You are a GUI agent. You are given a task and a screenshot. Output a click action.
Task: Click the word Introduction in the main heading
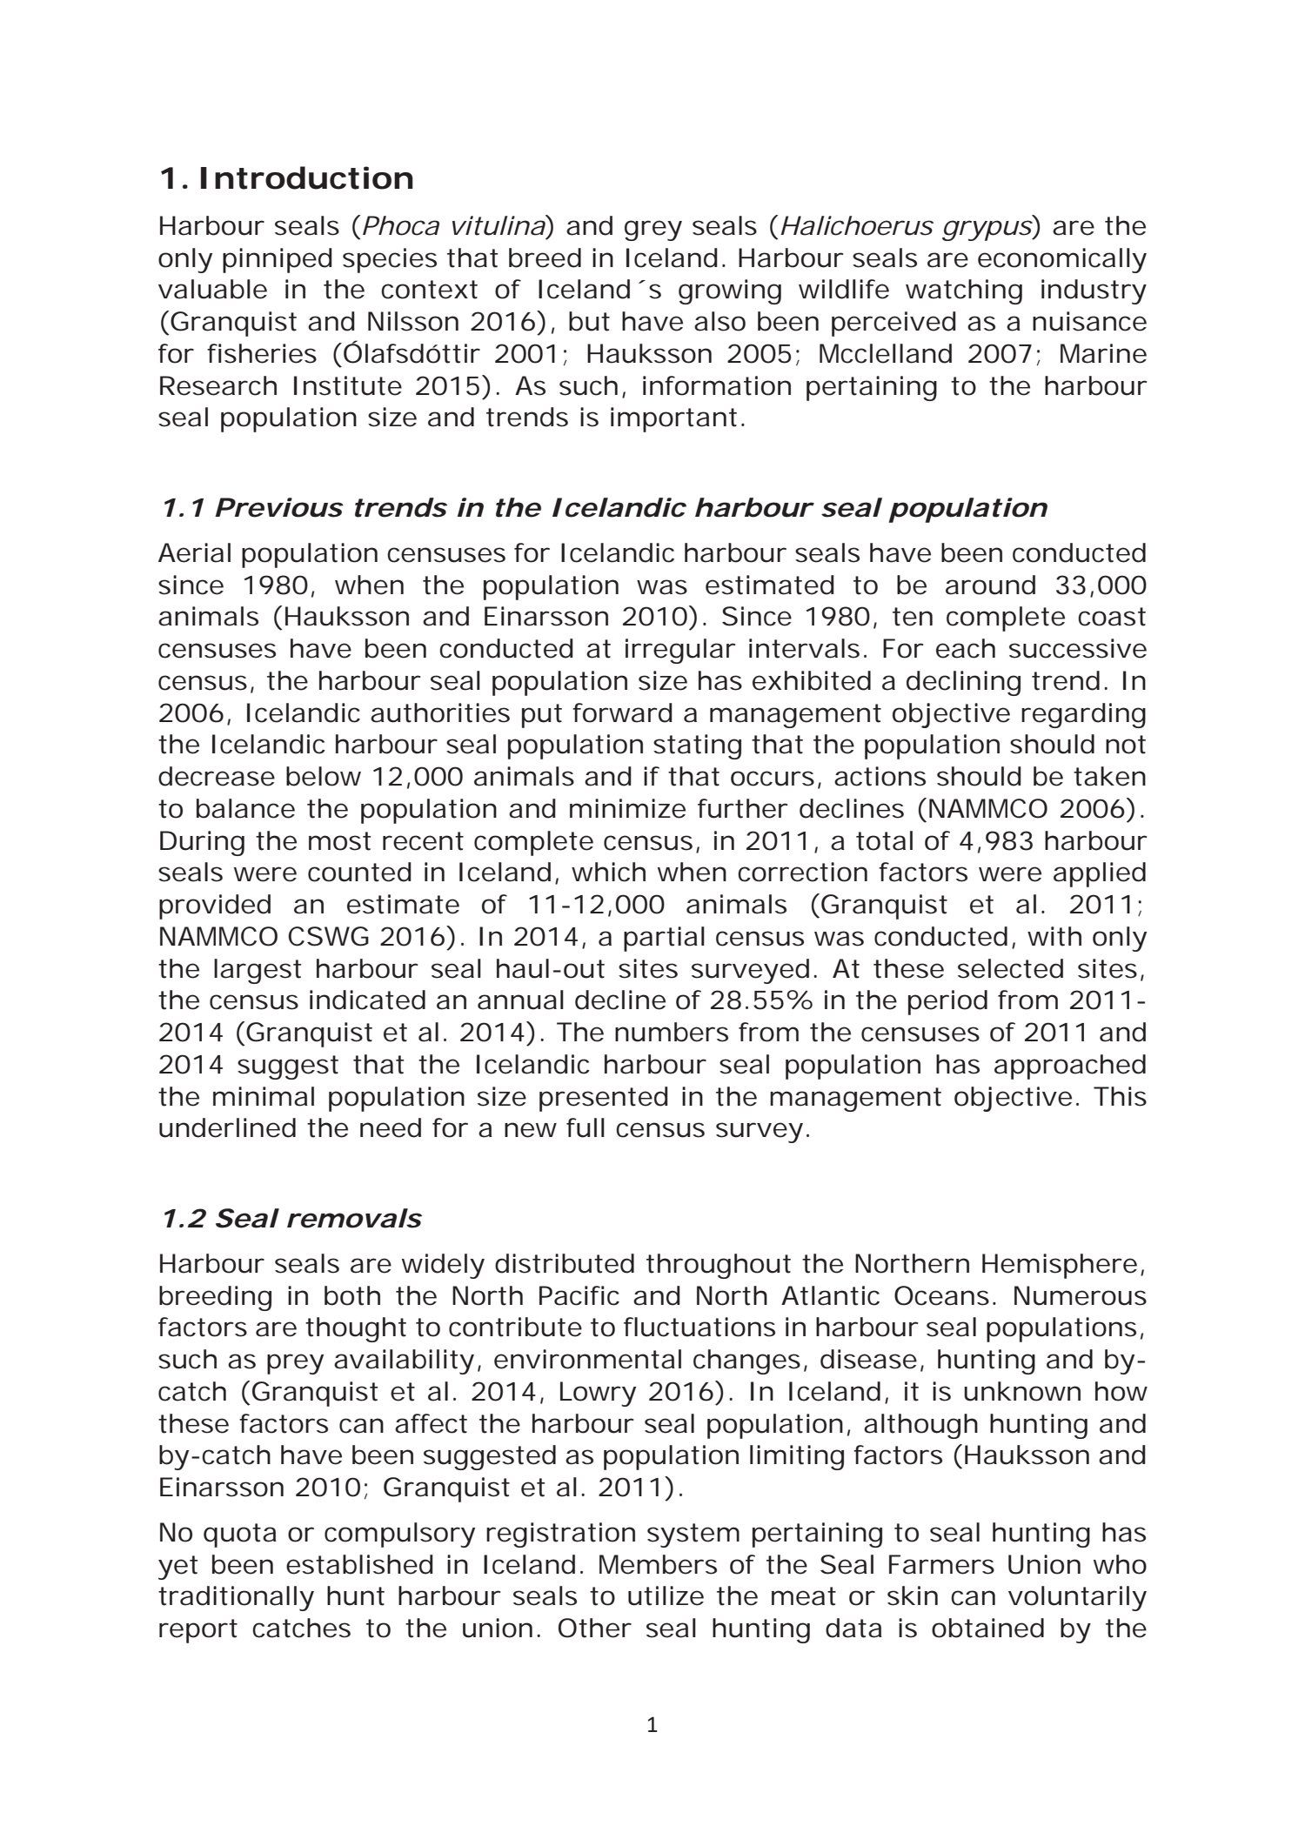306,178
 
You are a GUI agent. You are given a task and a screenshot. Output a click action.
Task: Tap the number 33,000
1099,585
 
